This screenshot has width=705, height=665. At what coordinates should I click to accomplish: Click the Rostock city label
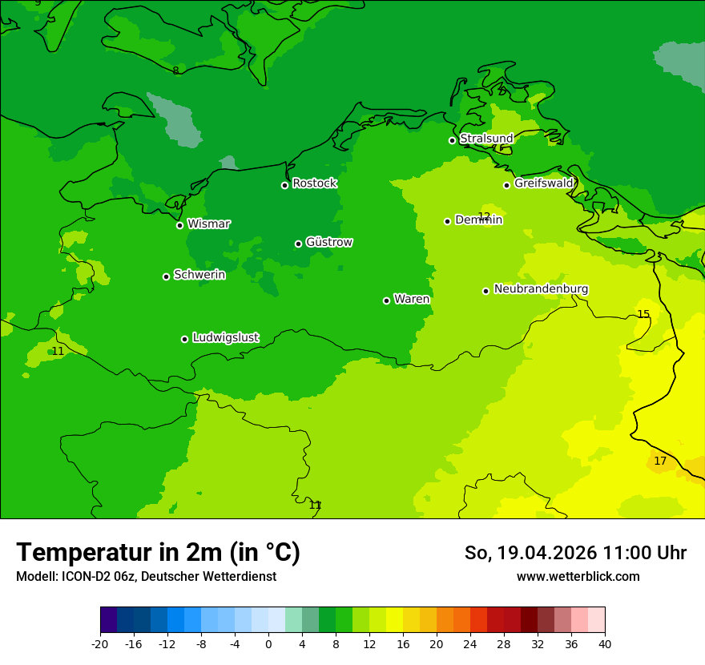pyautogui.click(x=315, y=183)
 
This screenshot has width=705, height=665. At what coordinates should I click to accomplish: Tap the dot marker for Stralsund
pyautogui.click(x=452, y=140)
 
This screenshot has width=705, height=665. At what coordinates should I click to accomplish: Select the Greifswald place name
pyautogui.click(x=544, y=183)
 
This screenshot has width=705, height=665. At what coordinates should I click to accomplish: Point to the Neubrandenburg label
pyautogui.click(x=541, y=289)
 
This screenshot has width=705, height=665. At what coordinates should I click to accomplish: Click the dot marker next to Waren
pyautogui.click(x=386, y=300)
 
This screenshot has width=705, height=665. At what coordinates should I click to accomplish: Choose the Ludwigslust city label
pyautogui.click(x=225, y=338)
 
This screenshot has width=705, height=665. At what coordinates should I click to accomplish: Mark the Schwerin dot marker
pyautogui.click(x=166, y=276)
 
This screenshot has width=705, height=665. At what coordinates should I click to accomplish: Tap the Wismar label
pyautogui.click(x=208, y=224)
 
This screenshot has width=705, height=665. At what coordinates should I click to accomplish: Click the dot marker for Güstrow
pyautogui.click(x=298, y=244)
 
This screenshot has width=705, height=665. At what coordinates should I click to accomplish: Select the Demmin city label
pyautogui.click(x=478, y=220)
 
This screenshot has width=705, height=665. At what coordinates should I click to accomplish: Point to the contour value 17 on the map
pyautogui.click(x=660, y=461)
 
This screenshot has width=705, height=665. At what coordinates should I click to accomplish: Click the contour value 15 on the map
pyautogui.click(x=643, y=314)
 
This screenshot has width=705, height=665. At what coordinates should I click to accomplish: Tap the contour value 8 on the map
pyautogui.click(x=175, y=71)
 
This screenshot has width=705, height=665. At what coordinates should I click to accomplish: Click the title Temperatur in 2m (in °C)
pyautogui.click(x=158, y=552)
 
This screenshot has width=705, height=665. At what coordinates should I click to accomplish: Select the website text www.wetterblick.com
pyautogui.click(x=578, y=577)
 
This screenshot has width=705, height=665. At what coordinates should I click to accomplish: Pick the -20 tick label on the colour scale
pyautogui.click(x=100, y=644)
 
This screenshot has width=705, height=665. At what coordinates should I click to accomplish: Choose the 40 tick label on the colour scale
pyautogui.click(x=605, y=644)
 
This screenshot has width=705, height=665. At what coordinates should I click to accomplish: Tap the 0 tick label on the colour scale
pyautogui.click(x=268, y=644)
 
